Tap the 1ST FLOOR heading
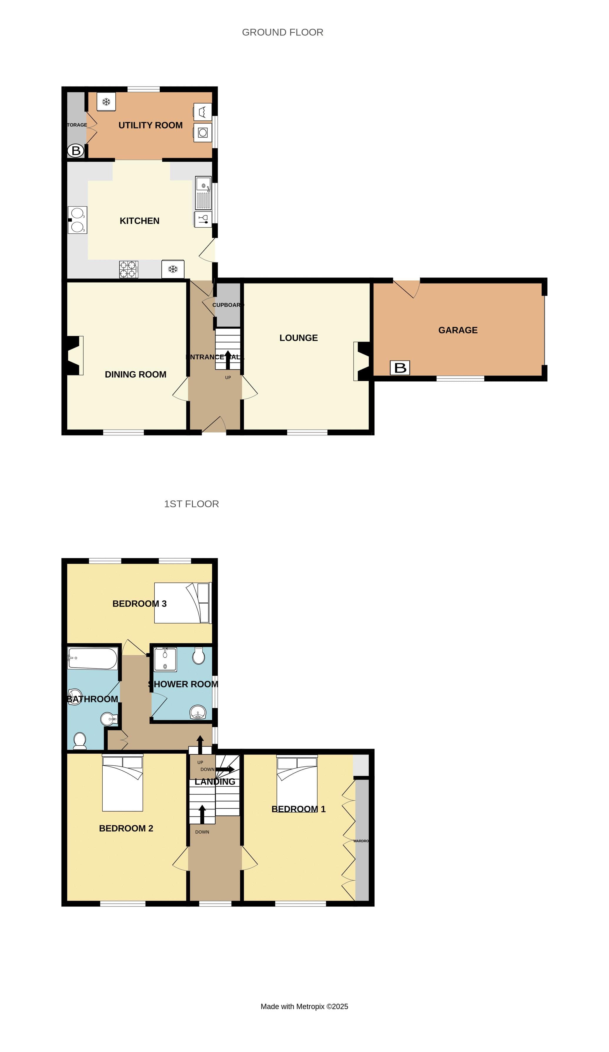pos(191,504)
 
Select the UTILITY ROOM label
pos(150,125)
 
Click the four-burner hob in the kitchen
pos(128,269)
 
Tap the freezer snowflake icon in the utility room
pos(106,101)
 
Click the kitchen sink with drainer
pos(203,193)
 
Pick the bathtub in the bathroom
pos(93,658)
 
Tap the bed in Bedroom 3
pos(182,603)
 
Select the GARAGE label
pos(458,330)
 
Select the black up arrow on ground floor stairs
pos(228,360)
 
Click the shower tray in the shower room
pos(165,659)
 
